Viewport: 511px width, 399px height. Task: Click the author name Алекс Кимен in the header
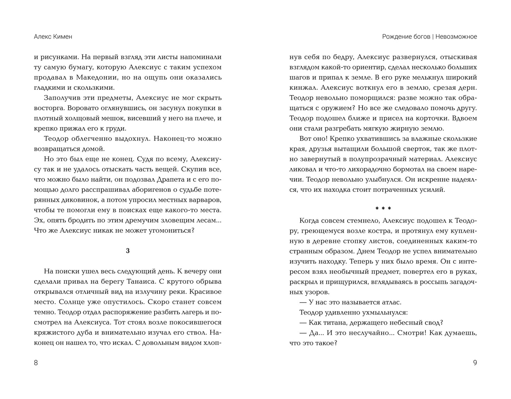tap(53, 37)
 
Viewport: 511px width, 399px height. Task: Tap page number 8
tap(36, 363)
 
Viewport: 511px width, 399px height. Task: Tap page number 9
tap(475, 363)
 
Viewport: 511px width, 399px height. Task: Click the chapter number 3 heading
tap(128, 251)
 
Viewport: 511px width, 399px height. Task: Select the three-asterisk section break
tap(383, 209)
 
